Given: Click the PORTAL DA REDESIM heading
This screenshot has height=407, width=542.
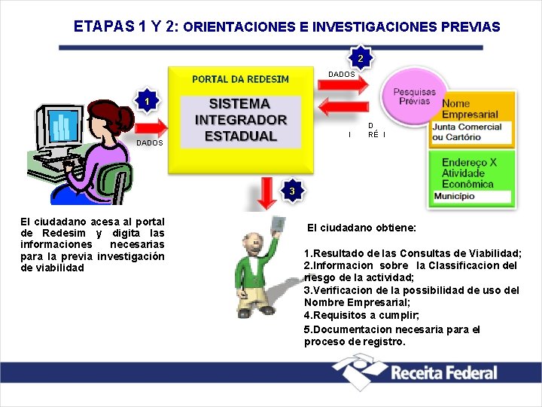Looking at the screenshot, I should click(x=240, y=79).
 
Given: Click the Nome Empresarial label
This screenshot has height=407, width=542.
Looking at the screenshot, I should click(x=470, y=109).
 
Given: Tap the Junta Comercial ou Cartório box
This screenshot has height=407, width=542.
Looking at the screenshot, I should click(x=467, y=132).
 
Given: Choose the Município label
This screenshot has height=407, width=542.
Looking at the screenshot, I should click(x=454, y=197).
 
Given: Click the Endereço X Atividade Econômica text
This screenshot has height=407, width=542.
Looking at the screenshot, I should click(x=469, y=173).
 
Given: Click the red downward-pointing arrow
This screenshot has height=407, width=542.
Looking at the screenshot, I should click(x=266, y=192).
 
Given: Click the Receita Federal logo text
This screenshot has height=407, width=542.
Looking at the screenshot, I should click(x=444, y=372).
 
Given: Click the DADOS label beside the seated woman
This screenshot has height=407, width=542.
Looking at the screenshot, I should click(x=149, y=142).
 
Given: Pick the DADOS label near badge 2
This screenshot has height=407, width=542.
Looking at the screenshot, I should click(x=341, y=75).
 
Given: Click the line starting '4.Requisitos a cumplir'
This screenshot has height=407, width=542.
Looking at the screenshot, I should click(x=361, y=315).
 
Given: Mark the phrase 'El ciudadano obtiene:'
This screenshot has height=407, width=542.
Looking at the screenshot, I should click(x=361, y=228).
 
